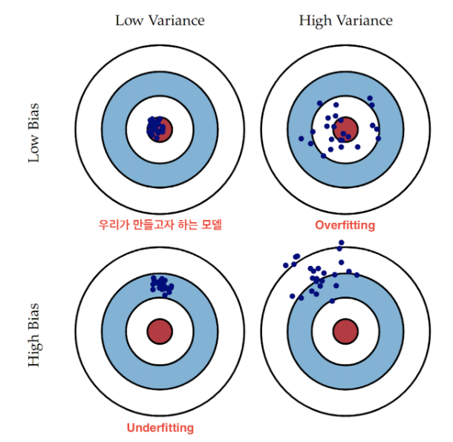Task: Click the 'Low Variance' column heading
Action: pyautogui.click(x=160, y=20)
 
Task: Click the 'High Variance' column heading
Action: pyautogui.click(x=345, y=20)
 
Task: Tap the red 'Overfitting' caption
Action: pyautogui.click(x=345, y=224)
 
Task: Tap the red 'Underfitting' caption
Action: pyautogui.click(x=160, y=427)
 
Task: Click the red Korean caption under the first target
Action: pyautogui.click(x=160, y=224)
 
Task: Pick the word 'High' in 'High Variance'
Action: pyautogui.click(x=315, y=20)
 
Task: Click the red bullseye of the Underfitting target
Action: pyautogui.click(x=160, y=331)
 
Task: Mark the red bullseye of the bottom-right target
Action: pyautogui.click(x=345, y=331)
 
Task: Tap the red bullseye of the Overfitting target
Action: pyautogui.click(x=345, y=129)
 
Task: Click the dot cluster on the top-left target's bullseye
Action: pyautogui.click(x=156, y=128)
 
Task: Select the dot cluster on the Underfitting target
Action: pyautogui.click(x=161, y=284)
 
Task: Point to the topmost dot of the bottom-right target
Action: pyautogui.click(x=341, y=243)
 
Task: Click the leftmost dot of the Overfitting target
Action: pyautogui.click(x=302, y=138)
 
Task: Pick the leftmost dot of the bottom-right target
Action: pyautogui.click(x=286, y=264)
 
